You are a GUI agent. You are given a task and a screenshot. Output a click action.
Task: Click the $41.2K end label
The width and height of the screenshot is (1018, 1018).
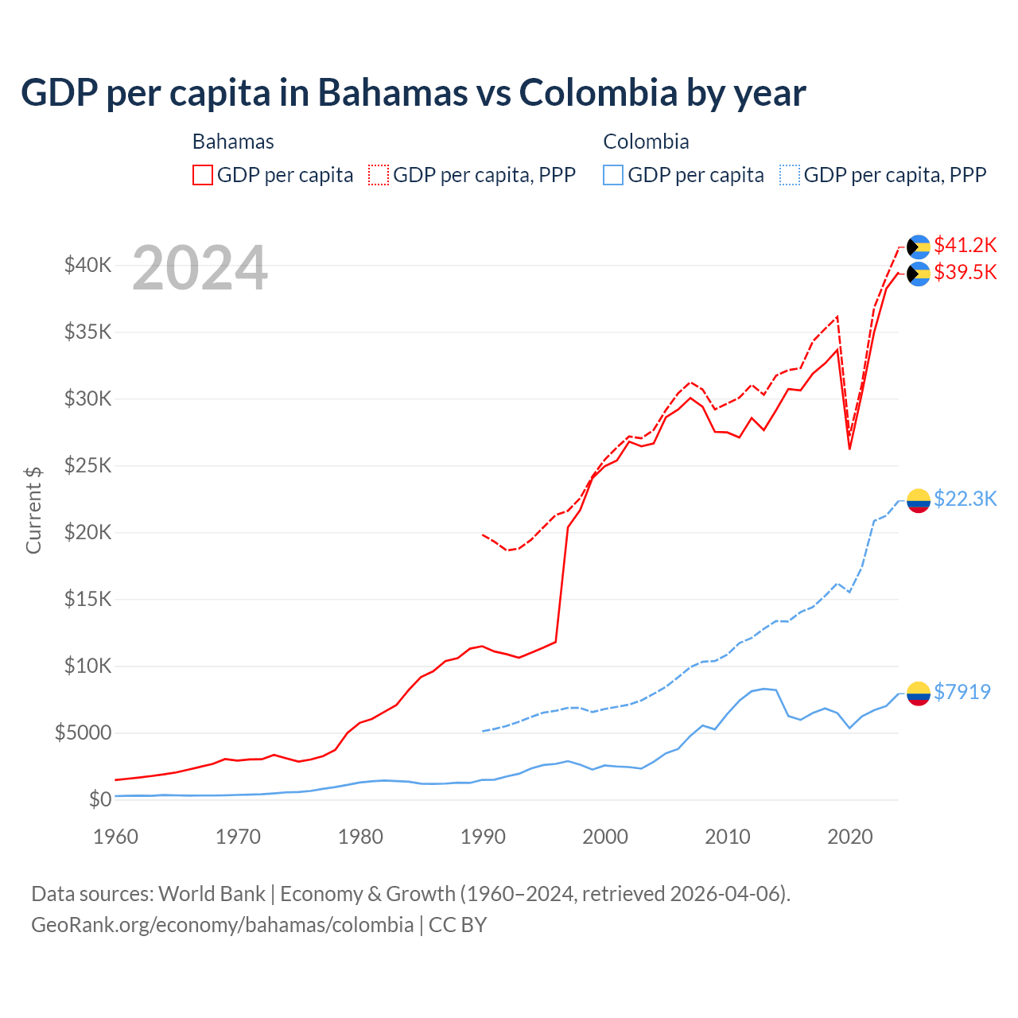pyautogui.click(x=965, y=245)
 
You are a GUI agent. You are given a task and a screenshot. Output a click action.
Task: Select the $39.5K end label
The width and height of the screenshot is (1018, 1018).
pyautogui.click(x=965, y=272)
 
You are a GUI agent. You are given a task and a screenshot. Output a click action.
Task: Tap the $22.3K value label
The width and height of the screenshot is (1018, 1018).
pyautogui.click(x=965, y=499)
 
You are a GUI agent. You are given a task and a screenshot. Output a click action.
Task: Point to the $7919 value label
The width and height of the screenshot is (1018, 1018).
pyautogui.click(x=962, y=692)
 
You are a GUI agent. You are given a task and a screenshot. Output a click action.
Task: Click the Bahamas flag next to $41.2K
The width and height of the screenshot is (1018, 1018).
pyautogui.click(x=919, y=247)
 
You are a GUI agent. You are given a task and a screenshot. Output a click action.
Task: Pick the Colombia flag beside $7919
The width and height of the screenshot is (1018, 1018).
pyautogui.click(x=919, y=694)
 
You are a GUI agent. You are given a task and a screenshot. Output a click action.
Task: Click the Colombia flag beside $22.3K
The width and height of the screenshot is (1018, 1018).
pyautogui.click(x=919, y=500)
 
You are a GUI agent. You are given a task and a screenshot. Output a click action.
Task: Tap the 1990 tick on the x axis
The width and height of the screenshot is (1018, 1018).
pyautogui.click(x=483, y=837)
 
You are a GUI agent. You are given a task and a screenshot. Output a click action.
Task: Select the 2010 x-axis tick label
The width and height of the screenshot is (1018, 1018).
pyautogui.click(x=728, y=837)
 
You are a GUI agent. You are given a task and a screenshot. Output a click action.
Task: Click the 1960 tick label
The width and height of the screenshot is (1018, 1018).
pyautogui.click(x=116, y=837)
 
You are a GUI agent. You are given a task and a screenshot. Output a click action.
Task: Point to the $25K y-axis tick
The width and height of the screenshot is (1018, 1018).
pyautogui.click(x=87, y=465)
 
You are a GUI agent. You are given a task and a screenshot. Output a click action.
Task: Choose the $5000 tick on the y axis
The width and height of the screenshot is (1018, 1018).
pyautogui.click(x=83, y=732)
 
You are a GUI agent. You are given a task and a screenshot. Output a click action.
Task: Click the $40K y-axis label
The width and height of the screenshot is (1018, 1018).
pyautogui.click(x=87, y=265)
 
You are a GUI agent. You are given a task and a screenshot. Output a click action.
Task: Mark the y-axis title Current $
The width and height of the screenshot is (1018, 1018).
pyautogui.click(x=33, y=511)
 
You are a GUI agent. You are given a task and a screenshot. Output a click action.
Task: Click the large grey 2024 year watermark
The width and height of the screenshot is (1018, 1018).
pyautogui.click(x=200, y=269)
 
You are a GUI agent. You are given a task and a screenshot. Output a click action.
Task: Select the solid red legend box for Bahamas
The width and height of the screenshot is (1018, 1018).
pyautogui.click(x=203, y=175)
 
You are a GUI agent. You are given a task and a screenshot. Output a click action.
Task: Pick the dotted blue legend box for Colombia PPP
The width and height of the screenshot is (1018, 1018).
pyautogui.click(x=790, y=175)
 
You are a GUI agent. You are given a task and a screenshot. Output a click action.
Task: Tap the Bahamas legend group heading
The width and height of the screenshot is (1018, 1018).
pyautogui.click(x=233, y=142)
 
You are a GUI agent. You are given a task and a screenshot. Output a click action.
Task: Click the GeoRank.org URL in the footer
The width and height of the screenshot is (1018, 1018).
pyautogui.click(x=222, y=925)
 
